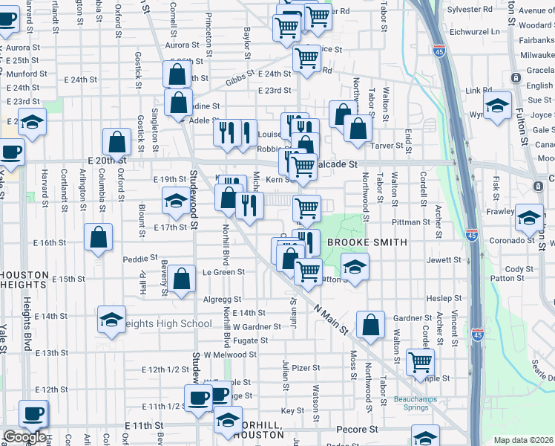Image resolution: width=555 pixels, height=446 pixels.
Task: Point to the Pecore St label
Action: [358, 430]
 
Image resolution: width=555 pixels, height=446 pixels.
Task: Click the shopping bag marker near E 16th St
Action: [99, 238]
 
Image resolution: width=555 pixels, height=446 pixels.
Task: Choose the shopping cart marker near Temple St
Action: [421, 362]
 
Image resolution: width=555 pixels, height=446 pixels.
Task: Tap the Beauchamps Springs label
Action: [417, 402]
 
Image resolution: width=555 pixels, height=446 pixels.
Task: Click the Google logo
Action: [24, 437]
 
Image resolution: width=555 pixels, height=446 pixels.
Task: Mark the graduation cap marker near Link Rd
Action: [497, 105]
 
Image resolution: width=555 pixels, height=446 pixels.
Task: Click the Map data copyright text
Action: [524, 440]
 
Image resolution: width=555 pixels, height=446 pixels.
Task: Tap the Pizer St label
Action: [305, 367]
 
